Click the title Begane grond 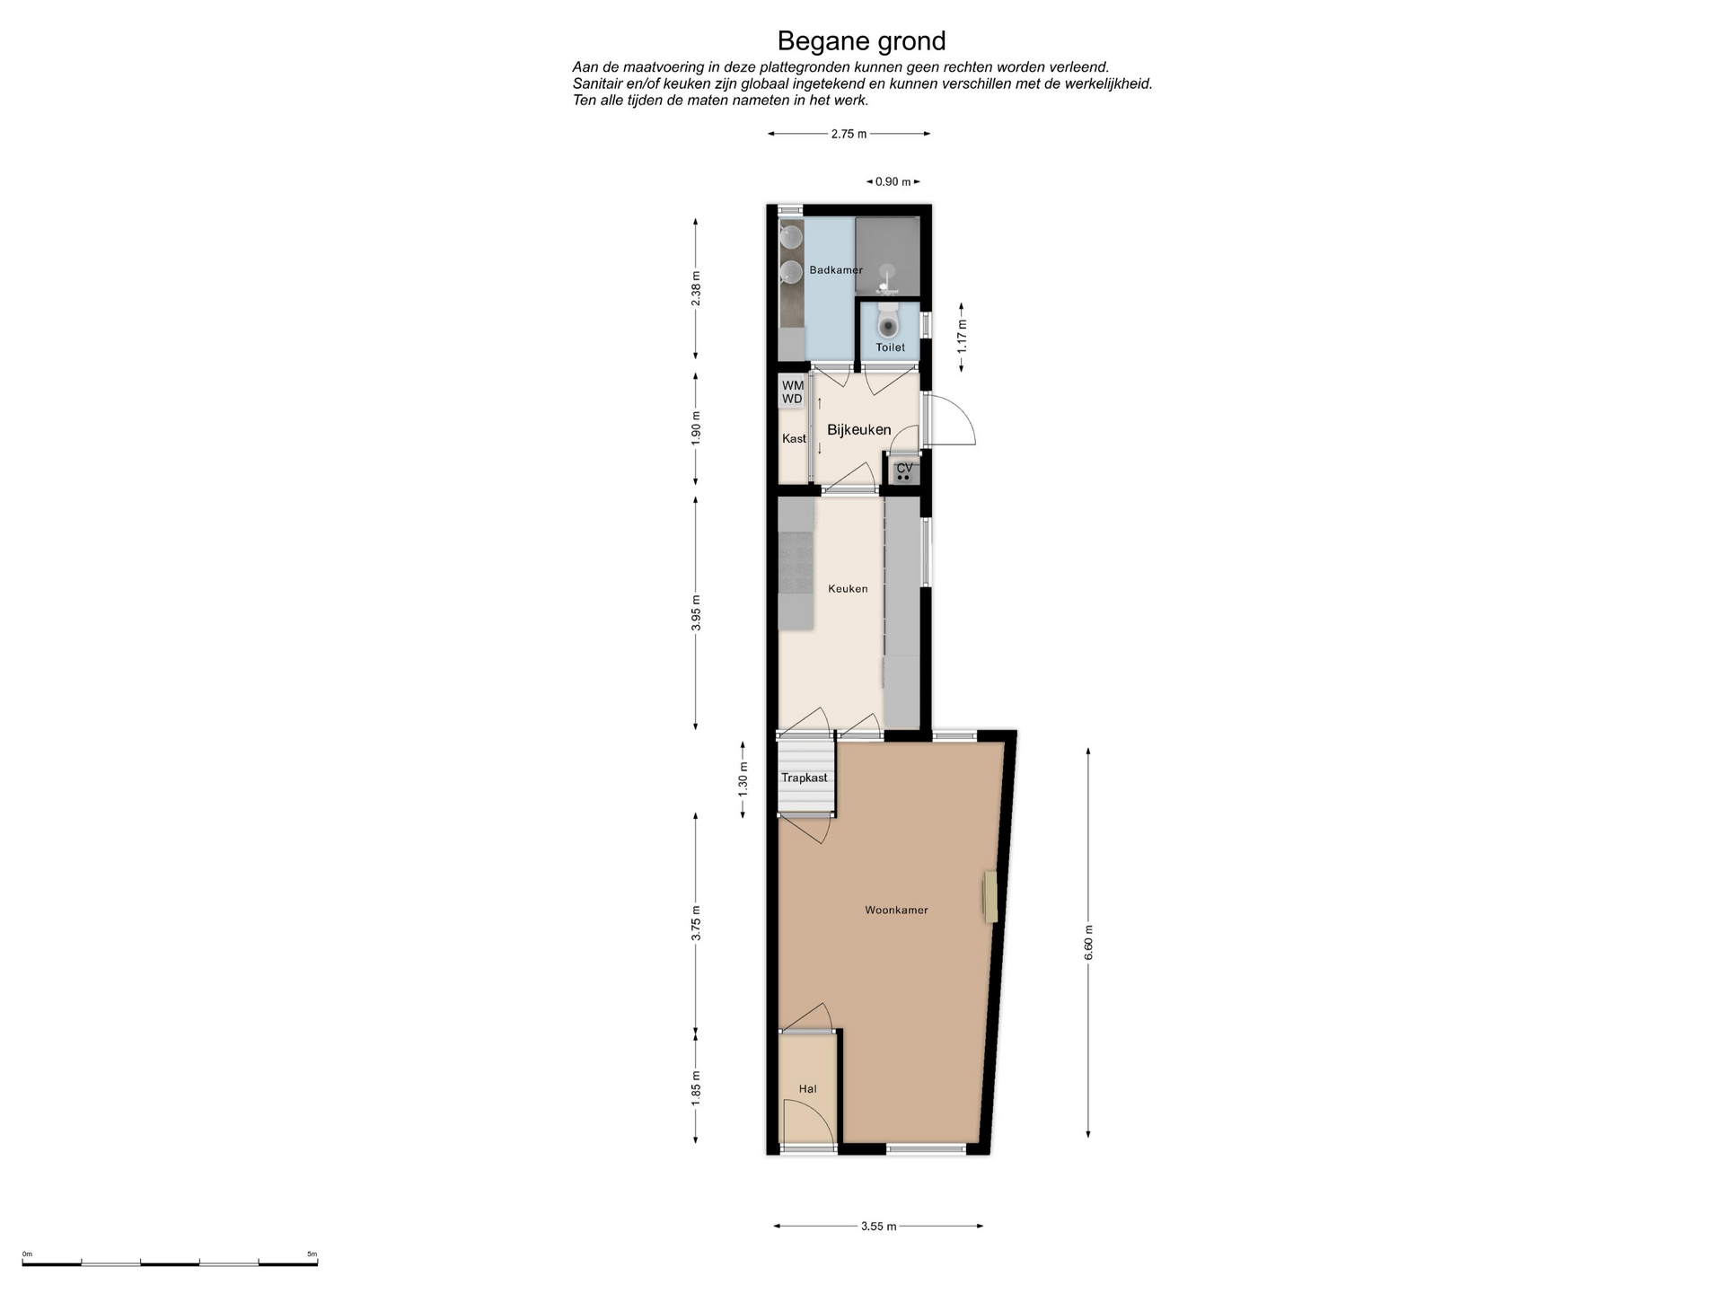[861, 41]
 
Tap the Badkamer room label [836, 270]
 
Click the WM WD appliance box [792, 392]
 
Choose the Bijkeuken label [859, 430]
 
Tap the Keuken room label [848, 589]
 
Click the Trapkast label [805, 778]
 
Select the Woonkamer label [896, 910]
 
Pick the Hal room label [808, 1089]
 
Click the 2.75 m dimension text [849, 134]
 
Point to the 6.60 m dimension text [1089, 942]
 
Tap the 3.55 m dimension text [878, 1227]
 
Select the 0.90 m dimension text [893, 181]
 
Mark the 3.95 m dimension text [696, 612]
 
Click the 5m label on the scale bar [312, 1253]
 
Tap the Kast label [794, 439]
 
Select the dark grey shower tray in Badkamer [887, 256]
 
